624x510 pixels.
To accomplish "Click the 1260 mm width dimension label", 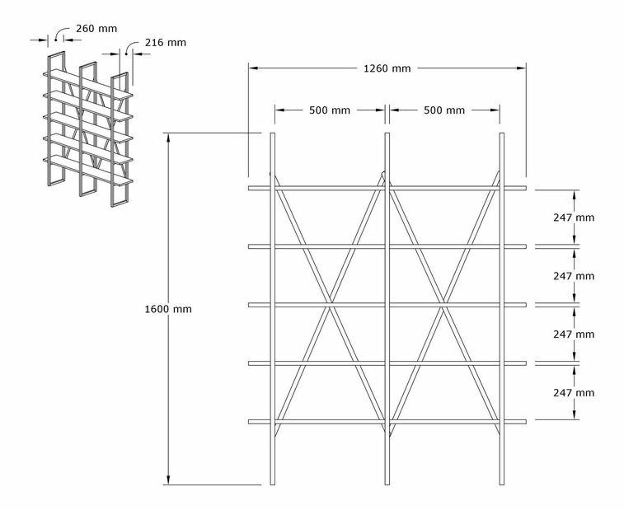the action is point(387,68).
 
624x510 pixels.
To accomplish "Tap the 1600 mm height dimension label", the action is point(168,309).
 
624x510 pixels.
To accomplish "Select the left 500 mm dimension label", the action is point(330,110).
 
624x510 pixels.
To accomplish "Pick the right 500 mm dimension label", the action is point(444,110).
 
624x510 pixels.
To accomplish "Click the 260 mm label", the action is point(96,29).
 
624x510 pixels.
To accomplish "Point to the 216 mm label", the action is point(166,43).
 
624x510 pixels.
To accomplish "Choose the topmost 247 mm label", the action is point(574,218).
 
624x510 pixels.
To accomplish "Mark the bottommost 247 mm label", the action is point(574,393).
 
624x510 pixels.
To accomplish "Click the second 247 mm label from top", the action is point(574,276).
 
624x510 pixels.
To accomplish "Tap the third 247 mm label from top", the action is point(574,335).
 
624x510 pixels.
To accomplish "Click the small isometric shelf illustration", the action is point(88,129).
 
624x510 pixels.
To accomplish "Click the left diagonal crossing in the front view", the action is point(330,305).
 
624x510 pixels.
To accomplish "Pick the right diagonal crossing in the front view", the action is point(443,305).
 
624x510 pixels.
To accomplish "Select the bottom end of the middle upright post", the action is point(387,484).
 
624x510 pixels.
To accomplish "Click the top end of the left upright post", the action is point(273,133).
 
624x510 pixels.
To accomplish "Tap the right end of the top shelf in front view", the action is point(526,188).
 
